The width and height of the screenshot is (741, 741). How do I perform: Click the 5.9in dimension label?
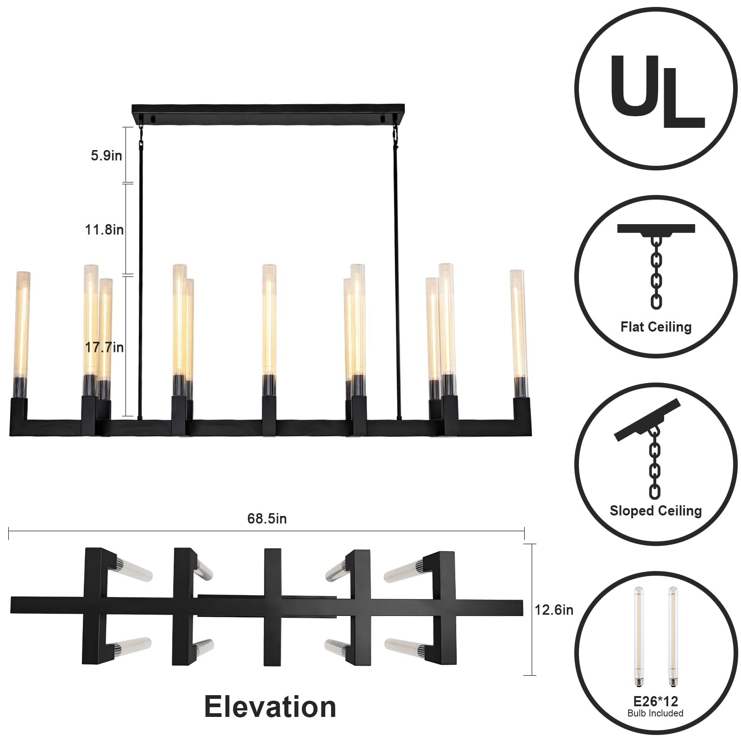(106, 156)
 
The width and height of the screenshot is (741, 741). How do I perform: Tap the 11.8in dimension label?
(104, 229)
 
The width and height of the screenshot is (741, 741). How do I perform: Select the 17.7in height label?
(104, 347)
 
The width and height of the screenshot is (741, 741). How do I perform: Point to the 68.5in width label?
(267, 518)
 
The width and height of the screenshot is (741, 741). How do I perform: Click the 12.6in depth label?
(554, 610)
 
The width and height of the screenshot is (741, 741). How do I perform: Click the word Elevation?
(270, 707)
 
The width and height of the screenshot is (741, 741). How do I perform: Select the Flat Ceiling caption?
(656, 327)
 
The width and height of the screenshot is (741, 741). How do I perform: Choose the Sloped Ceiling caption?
(656, 511)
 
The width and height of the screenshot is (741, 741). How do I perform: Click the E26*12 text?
(656, 701)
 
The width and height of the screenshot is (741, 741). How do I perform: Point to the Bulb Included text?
(655, 713)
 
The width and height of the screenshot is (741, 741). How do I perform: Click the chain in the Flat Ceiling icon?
(656, 273)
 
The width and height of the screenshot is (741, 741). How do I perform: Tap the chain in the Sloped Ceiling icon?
(655, 463)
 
